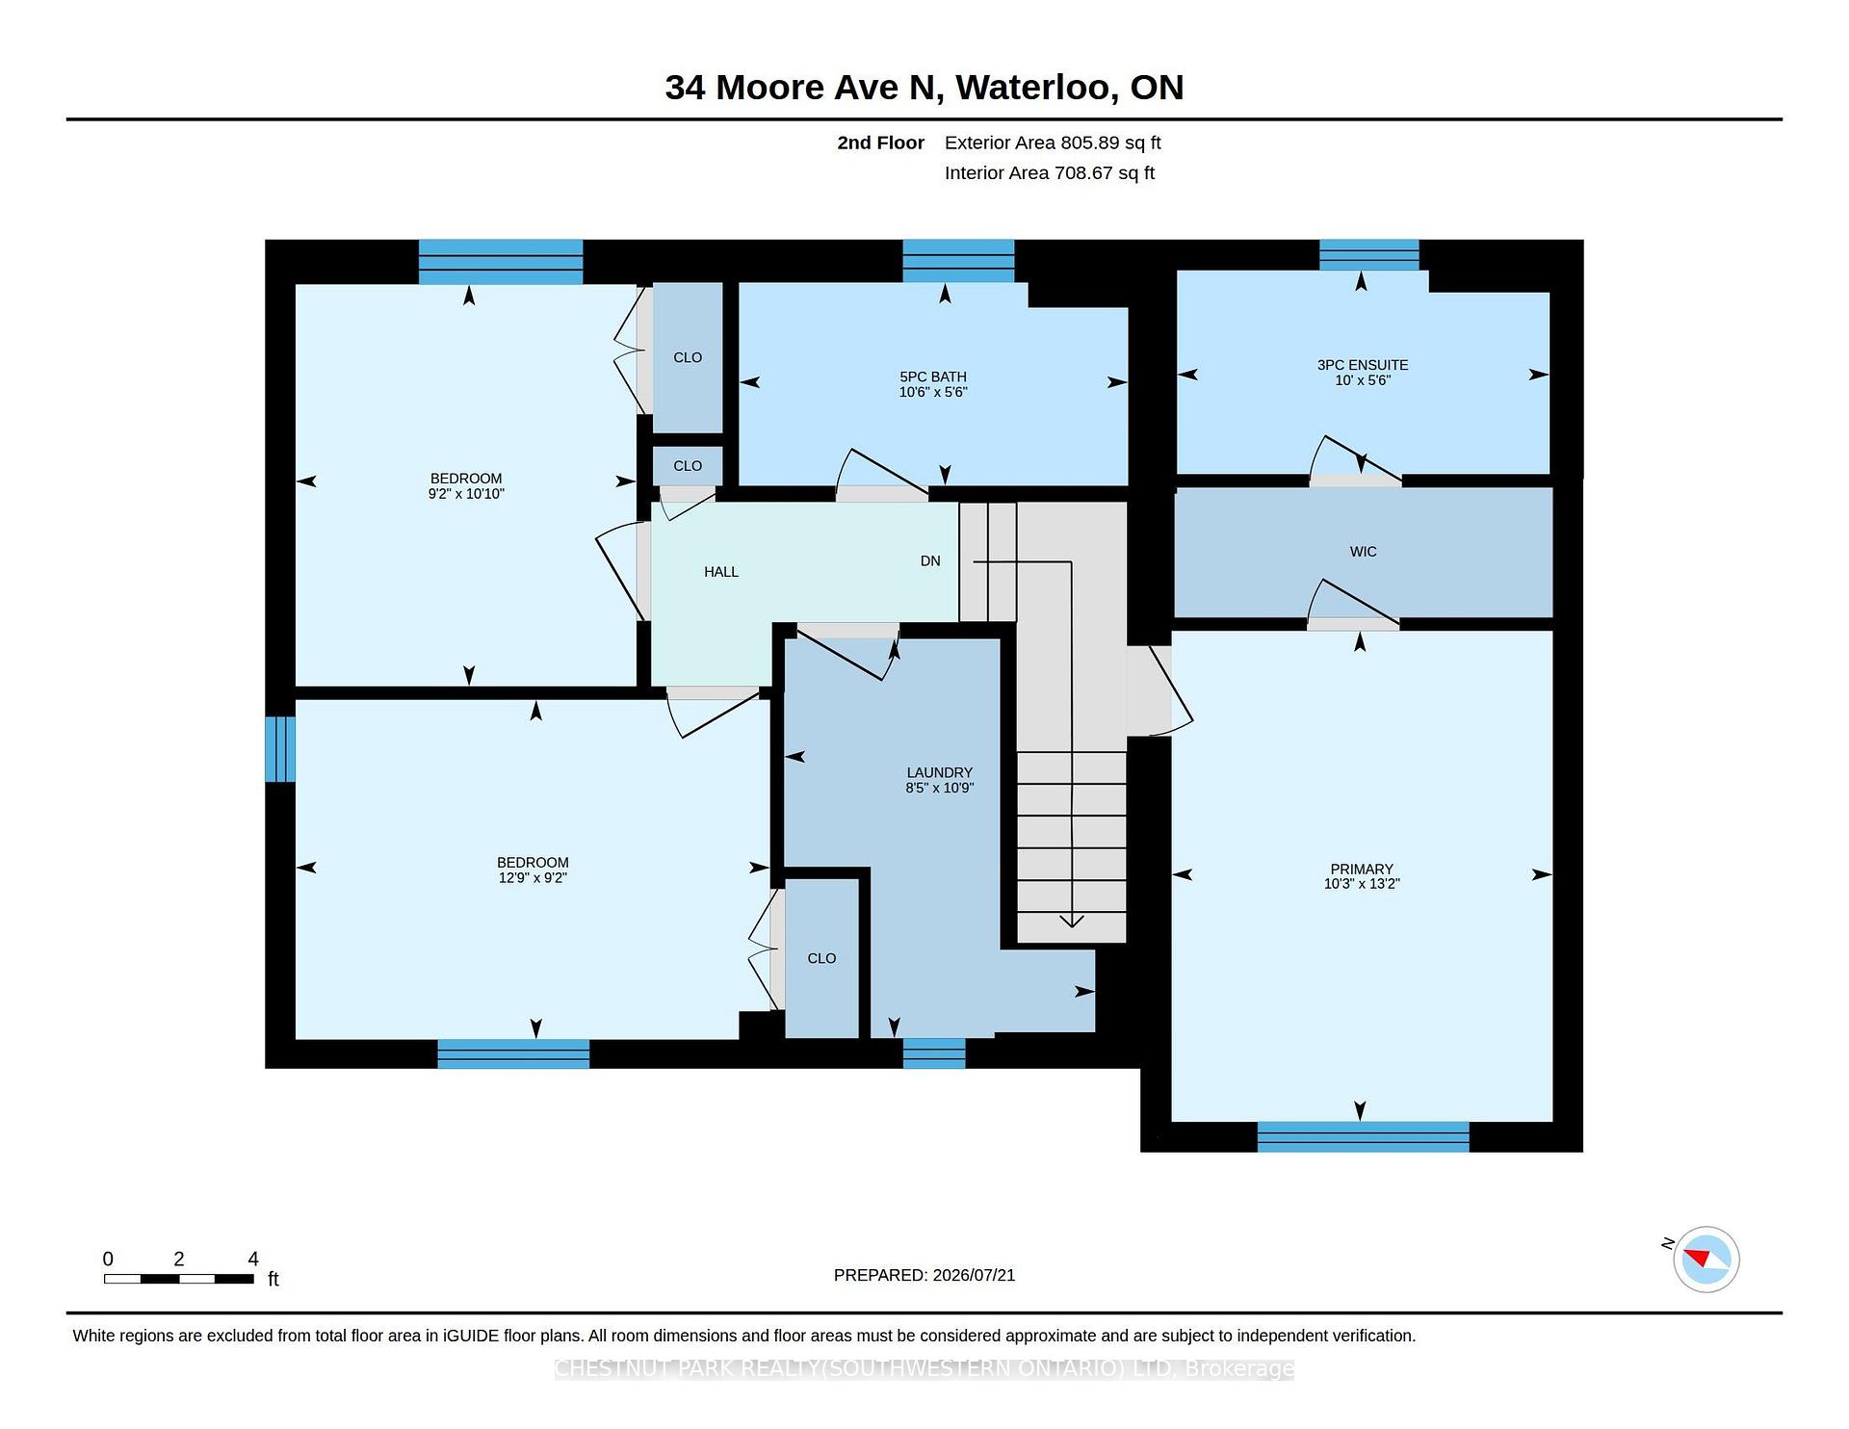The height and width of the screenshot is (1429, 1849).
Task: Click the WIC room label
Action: click(1363, 552)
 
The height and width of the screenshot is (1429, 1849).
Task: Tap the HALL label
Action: click(721, 572)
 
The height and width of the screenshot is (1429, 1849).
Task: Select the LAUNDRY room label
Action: click(939, 772)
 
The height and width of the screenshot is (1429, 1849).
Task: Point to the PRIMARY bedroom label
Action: click(1361, 869)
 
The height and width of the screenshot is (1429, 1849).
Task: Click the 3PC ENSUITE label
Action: click(1363, 365)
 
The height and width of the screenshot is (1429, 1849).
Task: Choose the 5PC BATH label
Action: click(933, 377)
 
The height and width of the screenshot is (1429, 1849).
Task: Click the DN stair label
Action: click(930, 560)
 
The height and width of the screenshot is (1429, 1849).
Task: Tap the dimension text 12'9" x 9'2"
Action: click(533, 878)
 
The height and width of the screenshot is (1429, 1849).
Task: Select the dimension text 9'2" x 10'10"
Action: click(466, 494)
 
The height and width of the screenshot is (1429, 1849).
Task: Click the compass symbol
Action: click(1706, 1259)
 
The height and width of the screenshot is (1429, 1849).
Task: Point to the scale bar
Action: click(179, 1279)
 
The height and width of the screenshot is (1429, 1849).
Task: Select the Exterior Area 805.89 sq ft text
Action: click(1053, 143)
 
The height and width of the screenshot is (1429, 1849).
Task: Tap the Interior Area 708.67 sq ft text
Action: click(1050, 173)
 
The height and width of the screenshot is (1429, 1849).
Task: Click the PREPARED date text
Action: click(924, 1275)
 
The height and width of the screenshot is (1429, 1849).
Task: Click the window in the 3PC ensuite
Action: click(1368, 254)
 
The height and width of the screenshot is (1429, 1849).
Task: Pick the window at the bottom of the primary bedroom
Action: click(1363, 1137)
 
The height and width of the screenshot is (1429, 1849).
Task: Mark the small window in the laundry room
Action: click(934, 1053)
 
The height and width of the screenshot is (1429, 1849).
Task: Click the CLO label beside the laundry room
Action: click(821, 958)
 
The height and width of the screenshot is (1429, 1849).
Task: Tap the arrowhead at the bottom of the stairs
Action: click(1072, 922)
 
